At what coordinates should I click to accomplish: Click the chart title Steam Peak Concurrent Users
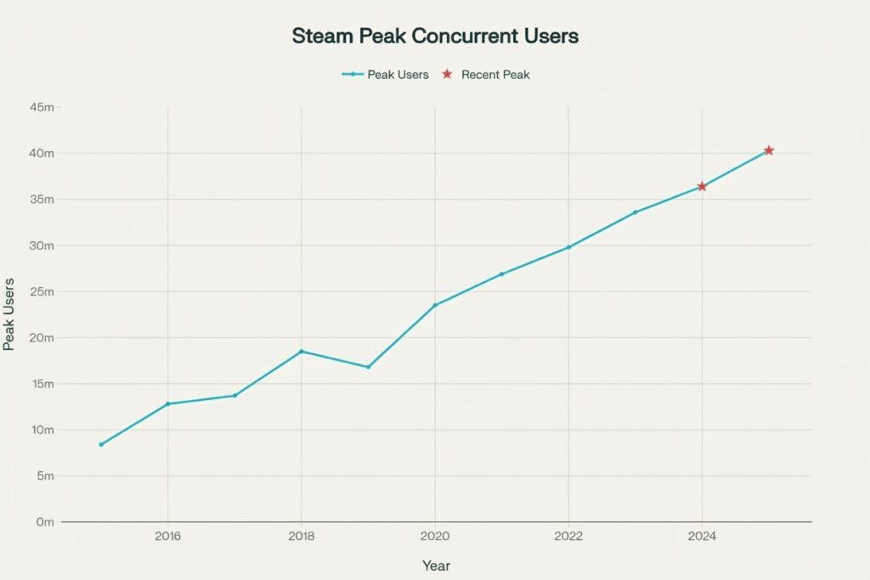[435, 37]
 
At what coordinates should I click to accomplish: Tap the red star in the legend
[447, 75]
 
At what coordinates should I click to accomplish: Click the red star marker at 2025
[769, 150]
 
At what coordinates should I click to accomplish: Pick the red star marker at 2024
[702, 186]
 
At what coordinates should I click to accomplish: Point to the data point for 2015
[101, 444]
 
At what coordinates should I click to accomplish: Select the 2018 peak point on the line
[301, 351]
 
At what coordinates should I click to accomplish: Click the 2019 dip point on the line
[368, 367]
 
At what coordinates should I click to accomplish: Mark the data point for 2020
[435, 305]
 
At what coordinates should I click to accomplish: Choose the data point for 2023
[635, 211]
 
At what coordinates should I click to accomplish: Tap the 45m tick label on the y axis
[42, 108]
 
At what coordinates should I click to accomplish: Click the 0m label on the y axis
[45, 521]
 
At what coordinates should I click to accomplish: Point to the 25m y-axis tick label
[42, 291]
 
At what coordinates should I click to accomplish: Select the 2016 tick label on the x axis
[167, 537]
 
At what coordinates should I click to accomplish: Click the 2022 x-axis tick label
[568, 537]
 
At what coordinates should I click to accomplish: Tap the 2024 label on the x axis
[702, 537]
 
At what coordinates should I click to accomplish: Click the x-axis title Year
[435, 566]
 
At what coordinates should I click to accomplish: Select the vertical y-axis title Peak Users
[10, 314]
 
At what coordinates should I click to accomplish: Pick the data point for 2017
[234, 395]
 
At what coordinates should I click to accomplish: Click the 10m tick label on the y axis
[42, 430]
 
